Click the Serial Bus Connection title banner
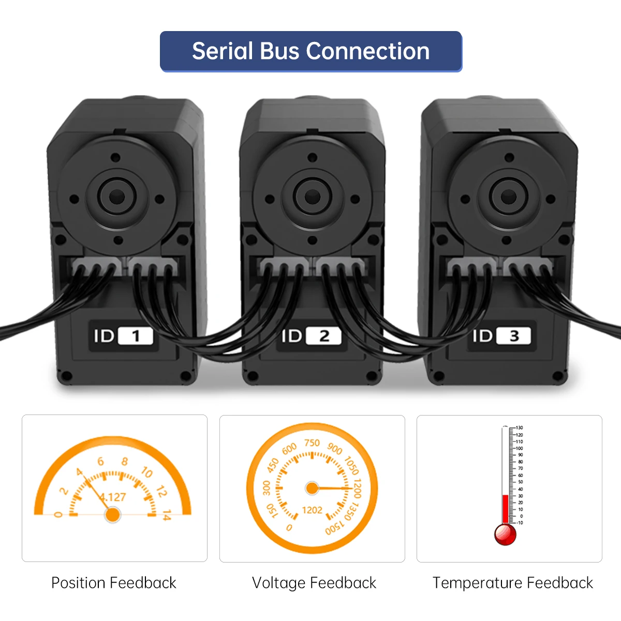tap(310, 51)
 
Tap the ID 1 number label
tap(136, 336)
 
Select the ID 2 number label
tap(324, 336)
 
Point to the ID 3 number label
tap(514, 336)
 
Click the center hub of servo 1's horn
tap(117, 196)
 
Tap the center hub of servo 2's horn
tap(312, 196)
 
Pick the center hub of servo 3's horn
tap(508, 196)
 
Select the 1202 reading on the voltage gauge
tap(312, 510)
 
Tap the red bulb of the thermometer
tap(505, 534)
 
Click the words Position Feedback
tap(114, 583)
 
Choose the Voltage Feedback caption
tap(314, 583)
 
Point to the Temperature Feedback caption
tap(513, 583)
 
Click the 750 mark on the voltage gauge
tap(312, 443)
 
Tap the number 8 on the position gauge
tap(124, 461)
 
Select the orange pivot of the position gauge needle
tap(112, 514)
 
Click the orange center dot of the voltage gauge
tap(312, 488)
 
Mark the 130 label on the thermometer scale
tap(519, 428)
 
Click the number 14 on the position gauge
tap(166, 515)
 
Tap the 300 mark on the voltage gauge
tap(267, 487)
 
